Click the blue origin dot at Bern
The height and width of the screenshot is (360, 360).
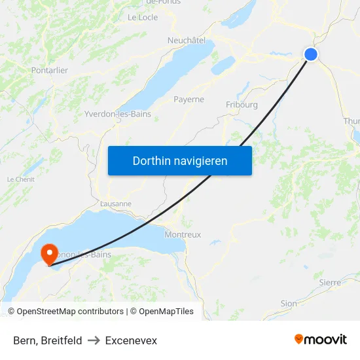(x=310, y=54)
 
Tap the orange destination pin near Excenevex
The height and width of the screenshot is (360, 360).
(x=49, y=253)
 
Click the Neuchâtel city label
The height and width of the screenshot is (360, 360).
(x=187, y=40)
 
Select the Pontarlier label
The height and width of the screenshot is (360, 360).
(x=50, y=70)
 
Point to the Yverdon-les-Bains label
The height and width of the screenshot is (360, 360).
(x=118, y=114)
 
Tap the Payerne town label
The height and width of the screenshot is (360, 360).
(x=189, y=99)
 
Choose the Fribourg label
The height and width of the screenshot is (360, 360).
(x=242, y=105)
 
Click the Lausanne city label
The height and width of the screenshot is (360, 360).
(x=116, y=204)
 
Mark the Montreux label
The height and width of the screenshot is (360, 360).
(x=183, y=234)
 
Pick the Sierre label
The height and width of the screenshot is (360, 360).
(x=330, y=282)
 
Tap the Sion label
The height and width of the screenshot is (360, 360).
(x=288, y=304)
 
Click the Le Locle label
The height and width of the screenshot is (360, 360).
(x=143, y=18)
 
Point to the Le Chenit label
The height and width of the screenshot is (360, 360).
(x=20, y=179)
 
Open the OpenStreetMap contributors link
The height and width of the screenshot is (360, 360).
(x=70, y=312)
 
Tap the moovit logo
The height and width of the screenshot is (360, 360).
(x=320, y=339)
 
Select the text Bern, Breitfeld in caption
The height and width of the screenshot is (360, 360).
(x=48, y=340)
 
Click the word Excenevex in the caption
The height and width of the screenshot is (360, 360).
(x=131, y=340)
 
